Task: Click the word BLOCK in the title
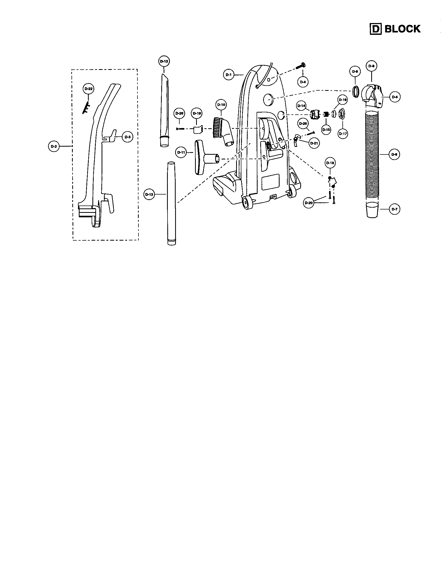pyautogui.click(x=402, y=29)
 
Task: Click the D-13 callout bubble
pyautogui.click(x=149, y=194)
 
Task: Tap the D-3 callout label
pyautogui.click(x=127, y=137)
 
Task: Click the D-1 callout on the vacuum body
pyautogui.click(x=228, y=75)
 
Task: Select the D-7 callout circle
pyautogui.click(x=395, y=209)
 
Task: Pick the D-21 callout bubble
pyautogui.click(x=314, y=143)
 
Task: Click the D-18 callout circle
pyautogui.click(x=330, y=163)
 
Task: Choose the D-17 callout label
pyautogui.click(x=343, y=134)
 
